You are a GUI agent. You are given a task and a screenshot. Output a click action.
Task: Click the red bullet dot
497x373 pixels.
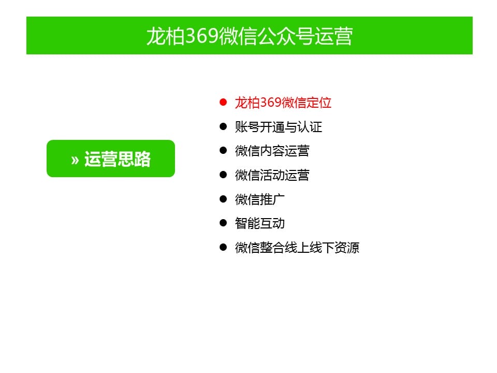pos(223,102)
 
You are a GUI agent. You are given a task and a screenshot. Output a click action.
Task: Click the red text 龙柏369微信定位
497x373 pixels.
pos(283,103)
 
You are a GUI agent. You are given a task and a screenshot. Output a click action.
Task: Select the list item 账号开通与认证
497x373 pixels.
pos(279,127)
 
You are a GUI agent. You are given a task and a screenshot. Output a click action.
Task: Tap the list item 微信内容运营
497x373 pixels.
pos(272,151)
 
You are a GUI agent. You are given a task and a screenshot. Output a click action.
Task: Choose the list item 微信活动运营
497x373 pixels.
pos(272,175)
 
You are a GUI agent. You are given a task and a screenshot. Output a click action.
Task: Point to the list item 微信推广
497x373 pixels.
pos(259,199)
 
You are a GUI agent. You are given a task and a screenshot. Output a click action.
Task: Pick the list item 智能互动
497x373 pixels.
pos(259,223)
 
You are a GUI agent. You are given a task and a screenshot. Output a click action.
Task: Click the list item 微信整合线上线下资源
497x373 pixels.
pos(297,248)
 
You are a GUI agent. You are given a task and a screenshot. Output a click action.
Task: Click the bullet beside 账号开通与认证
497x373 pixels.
pos(223,126)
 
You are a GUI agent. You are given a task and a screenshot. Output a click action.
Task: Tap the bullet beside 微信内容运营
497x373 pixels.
pos(223,150)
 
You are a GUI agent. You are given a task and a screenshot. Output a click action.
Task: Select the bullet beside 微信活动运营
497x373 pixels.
pos(223,175)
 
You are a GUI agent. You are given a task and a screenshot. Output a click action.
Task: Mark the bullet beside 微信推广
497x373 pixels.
pos(223,199)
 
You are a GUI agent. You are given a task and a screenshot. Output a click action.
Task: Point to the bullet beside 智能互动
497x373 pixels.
pos(223,223)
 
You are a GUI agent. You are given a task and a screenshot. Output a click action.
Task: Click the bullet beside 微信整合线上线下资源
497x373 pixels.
pos(223,247)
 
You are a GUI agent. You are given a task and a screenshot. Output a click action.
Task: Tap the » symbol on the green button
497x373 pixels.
pos(75,160)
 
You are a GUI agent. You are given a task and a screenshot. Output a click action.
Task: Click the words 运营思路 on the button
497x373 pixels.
pos(118,159)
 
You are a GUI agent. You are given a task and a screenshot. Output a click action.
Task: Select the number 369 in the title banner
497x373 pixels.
pos(202,36)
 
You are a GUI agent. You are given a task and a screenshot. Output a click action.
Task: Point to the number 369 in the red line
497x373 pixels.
pos(271,103)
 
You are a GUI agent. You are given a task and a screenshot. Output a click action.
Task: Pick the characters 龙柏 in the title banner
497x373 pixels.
pos(166,36)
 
